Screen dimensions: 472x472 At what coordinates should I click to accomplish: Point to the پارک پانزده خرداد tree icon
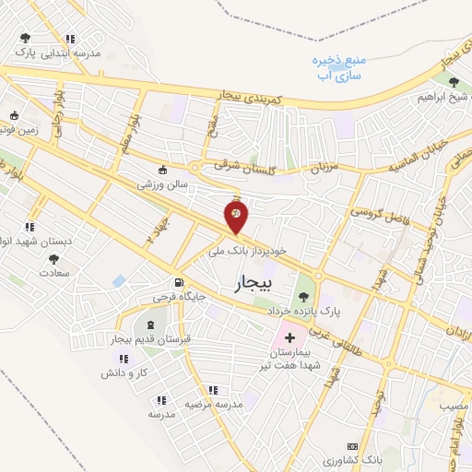click(303, 296)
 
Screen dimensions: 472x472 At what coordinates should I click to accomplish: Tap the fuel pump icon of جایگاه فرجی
click(177, 282)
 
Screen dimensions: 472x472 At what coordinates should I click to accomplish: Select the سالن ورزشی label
click(163, 184)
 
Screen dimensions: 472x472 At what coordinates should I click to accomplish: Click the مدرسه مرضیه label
click(213, 405)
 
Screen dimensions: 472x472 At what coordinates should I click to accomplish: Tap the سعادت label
click(55, 273)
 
